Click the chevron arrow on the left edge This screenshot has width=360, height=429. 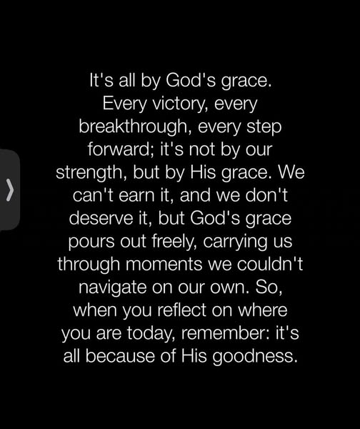pyautogui.click(x=10, y=190)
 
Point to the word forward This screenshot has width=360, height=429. pyautogui.click(x=120, y=149)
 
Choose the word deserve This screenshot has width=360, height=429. pyautogui.click(x=101, y=219)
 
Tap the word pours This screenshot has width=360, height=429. pyautogui.click(x=91, y=242)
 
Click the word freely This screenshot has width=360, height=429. pyautogui.click(x=174, y=242)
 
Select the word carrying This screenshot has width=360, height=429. pyautogui.click(x=234, y=242)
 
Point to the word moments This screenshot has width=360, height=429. pyautogui.click(x=164, y=265)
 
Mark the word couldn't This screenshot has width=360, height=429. pyautogui.click(x=270, y=264)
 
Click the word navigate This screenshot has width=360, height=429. pyautogui.click(x=113, y=288)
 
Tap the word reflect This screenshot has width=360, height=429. pyautogui.click(x=181, y=310)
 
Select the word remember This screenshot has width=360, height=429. pyautogui.click(x=224, y=333)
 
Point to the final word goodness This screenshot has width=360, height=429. pyautogui.click(x=255, y=357)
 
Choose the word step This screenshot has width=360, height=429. pyautogui.click(x=264, y=127)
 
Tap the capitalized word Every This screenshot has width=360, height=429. pyautogui.click(x=124, y=104)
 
